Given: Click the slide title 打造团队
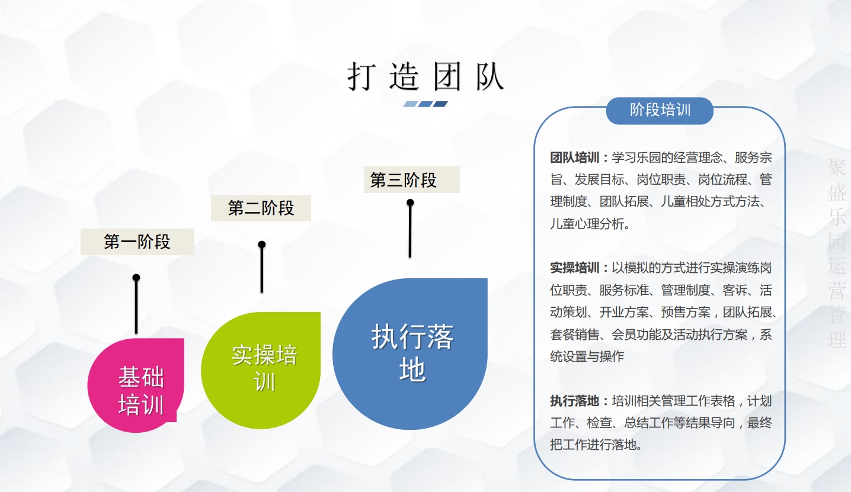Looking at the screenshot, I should tap(426, 77).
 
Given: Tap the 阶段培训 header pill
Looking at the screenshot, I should tap(660, 111).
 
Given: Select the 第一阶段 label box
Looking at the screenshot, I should tap(137, 242).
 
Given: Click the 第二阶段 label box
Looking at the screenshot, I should tap(261, 208).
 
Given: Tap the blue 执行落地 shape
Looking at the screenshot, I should tap(410, 353).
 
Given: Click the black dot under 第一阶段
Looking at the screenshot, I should tap(136, 277).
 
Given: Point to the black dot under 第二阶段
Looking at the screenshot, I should tap(261, 244).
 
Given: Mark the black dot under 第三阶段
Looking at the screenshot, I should tap(410, 202).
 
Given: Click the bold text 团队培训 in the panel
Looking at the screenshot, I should tap(574, 158).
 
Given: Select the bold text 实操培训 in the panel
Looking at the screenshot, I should tap(574, 268).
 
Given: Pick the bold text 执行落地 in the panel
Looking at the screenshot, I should tap(574, 401).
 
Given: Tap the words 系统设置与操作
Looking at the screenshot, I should tap(593, 356).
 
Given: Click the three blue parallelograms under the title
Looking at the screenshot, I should tap(426, 104).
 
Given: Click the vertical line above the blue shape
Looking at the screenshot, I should tap(410, 231).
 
